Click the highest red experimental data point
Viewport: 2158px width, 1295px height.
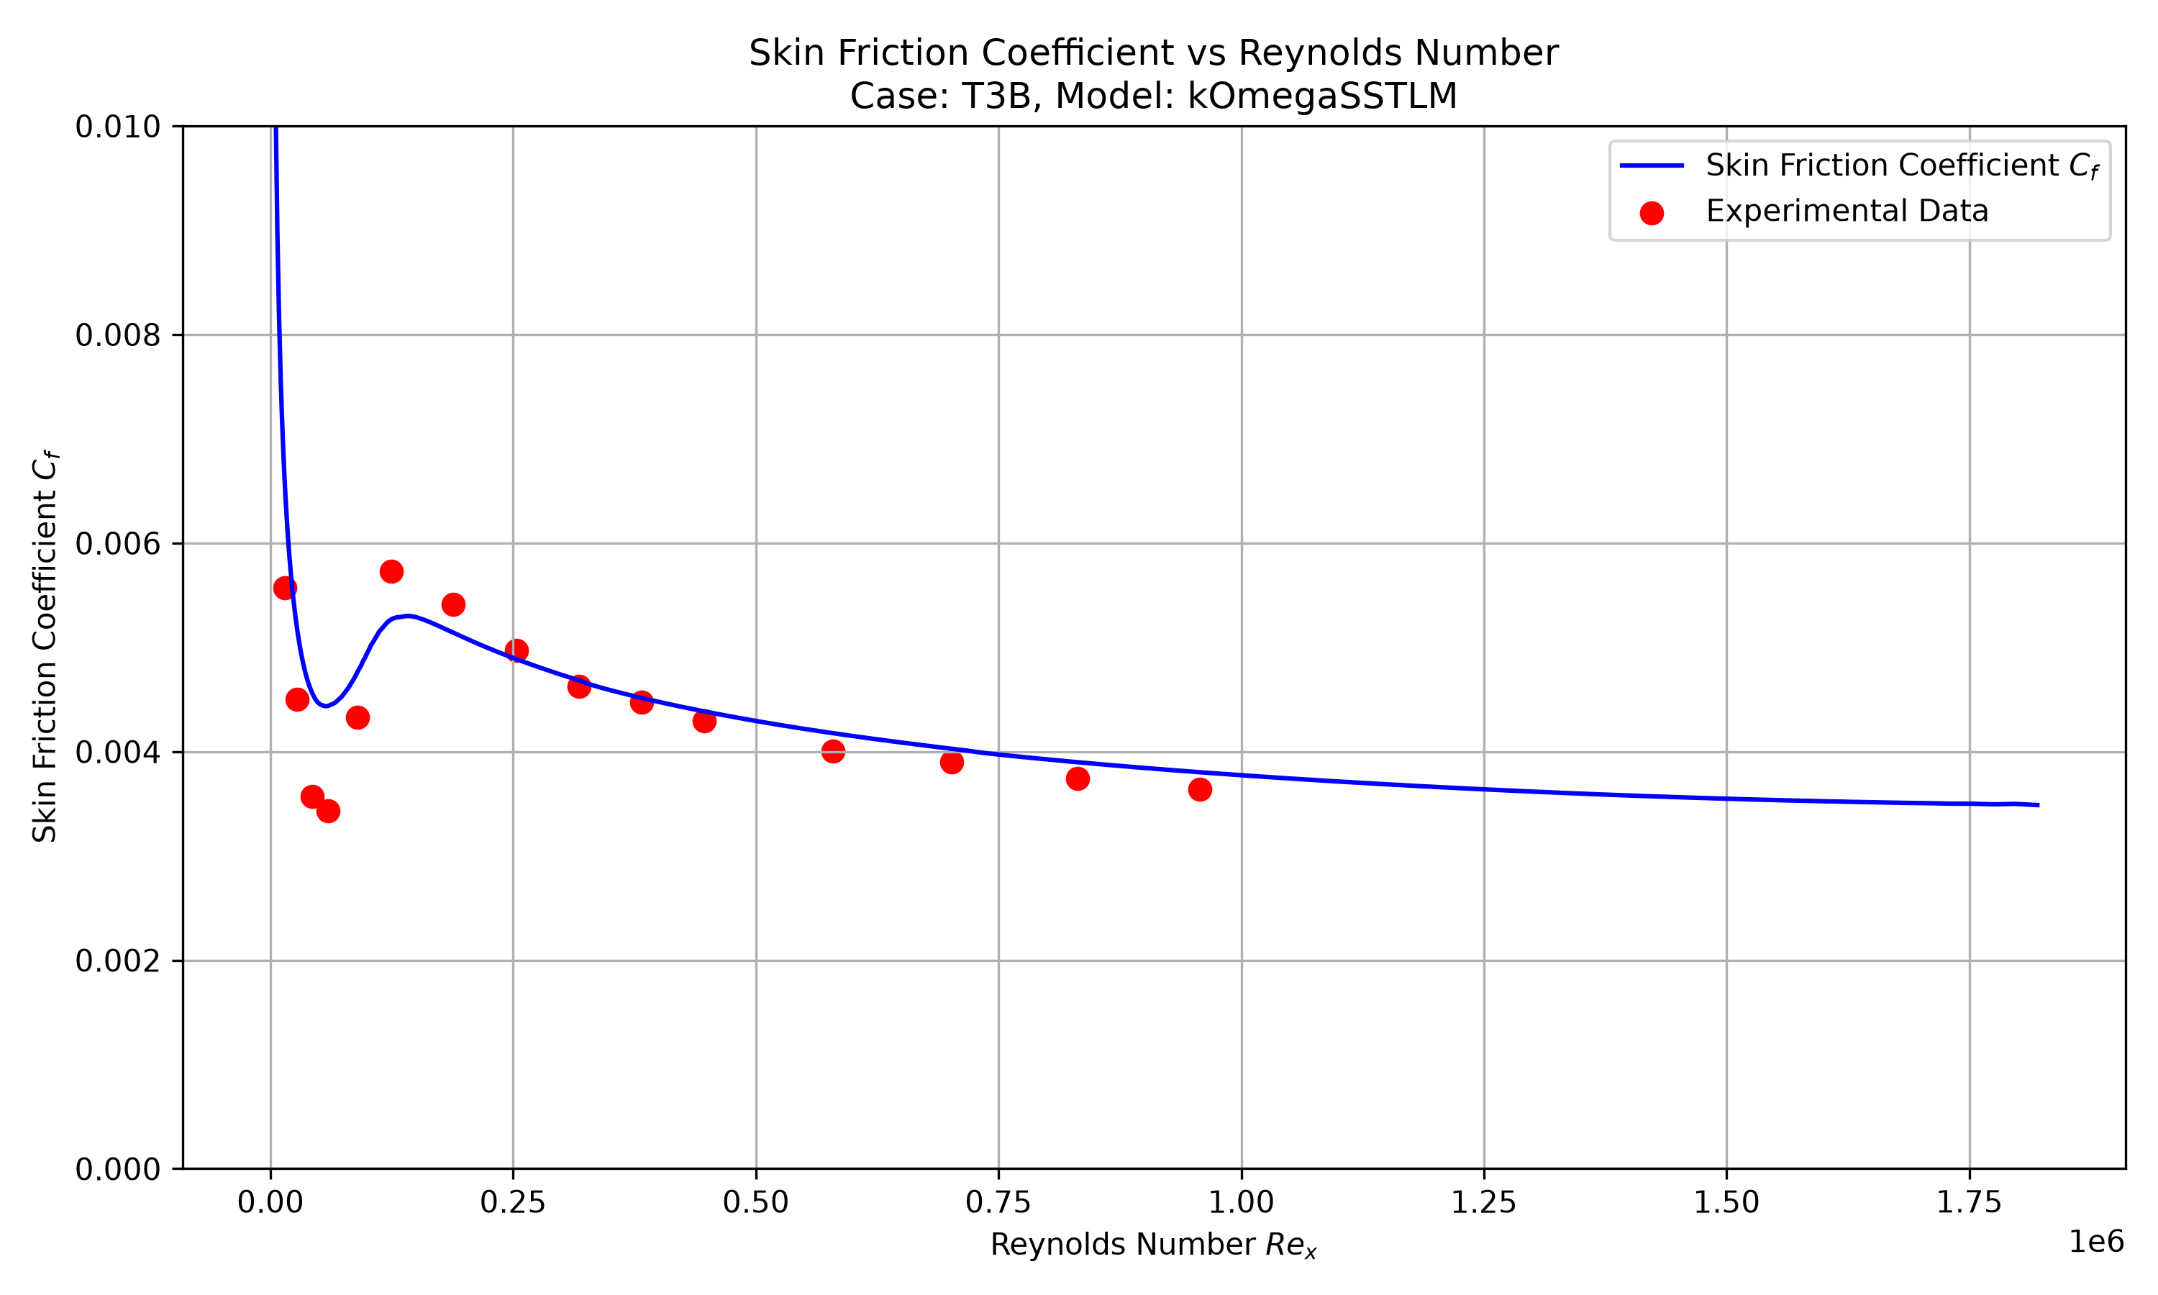(391, 571)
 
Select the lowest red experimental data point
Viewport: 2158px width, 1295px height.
(328, 811)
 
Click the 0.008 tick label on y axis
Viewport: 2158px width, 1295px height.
(119, 335)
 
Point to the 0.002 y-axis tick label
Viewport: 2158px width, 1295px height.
(119, 960)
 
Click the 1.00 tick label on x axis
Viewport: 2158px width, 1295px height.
(1242, 1202)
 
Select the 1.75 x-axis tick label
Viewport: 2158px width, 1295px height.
(1969, 1202)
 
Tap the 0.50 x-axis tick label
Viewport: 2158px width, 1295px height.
(755, 1202)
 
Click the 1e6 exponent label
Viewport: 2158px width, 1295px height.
(2097, 1241)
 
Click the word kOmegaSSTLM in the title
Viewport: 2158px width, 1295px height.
(1322, 96)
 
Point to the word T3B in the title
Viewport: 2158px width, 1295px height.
(998, 96)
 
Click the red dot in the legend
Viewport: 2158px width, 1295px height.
(1651, 213)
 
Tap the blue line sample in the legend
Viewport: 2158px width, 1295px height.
(1651, 165)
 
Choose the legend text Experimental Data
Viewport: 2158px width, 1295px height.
(1847, 212)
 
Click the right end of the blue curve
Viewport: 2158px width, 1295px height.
(2039, 804)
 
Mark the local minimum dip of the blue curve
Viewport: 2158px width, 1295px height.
(325, 705)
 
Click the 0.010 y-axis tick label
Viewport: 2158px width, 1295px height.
(119, 127)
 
